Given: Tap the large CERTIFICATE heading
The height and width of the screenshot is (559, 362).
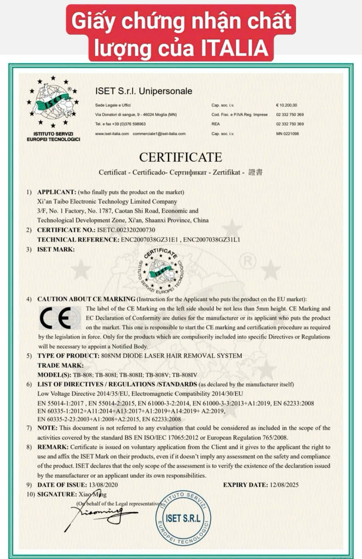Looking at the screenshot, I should tap(180, 157).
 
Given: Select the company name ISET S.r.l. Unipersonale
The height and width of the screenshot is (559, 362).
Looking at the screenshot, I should tap(144, 91).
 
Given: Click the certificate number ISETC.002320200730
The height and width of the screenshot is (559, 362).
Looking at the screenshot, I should tap(126, 230).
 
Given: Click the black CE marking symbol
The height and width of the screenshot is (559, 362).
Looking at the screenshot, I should tap(59, 318).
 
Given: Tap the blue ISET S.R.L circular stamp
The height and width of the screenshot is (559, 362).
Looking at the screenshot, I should tap(183, 518).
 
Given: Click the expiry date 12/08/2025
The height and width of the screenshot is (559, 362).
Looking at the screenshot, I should tap(284, 485).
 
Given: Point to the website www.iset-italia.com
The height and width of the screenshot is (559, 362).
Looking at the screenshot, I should tap(112, 133).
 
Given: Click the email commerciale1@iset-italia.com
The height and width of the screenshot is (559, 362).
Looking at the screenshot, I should tap(159, 133).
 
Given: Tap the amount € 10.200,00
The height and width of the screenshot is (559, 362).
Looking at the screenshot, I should tap(286, 105).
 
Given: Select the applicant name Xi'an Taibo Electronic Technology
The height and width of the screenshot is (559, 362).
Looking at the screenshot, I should tap(107, 201).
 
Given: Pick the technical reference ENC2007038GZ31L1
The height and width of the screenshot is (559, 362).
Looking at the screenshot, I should tap(211, 239).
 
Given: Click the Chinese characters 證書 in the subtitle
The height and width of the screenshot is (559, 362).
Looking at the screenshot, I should tap(255, 172).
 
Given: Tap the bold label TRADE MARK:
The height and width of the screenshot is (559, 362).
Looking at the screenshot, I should tap(60, 365).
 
